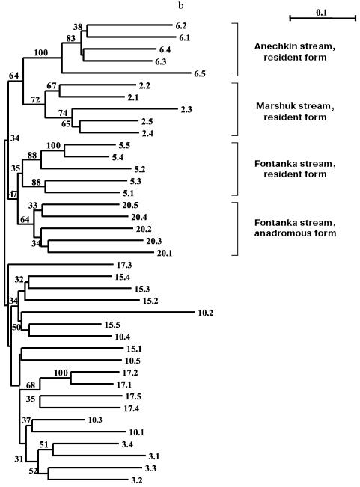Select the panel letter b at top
pyautogui.click(x=180, y=6)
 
